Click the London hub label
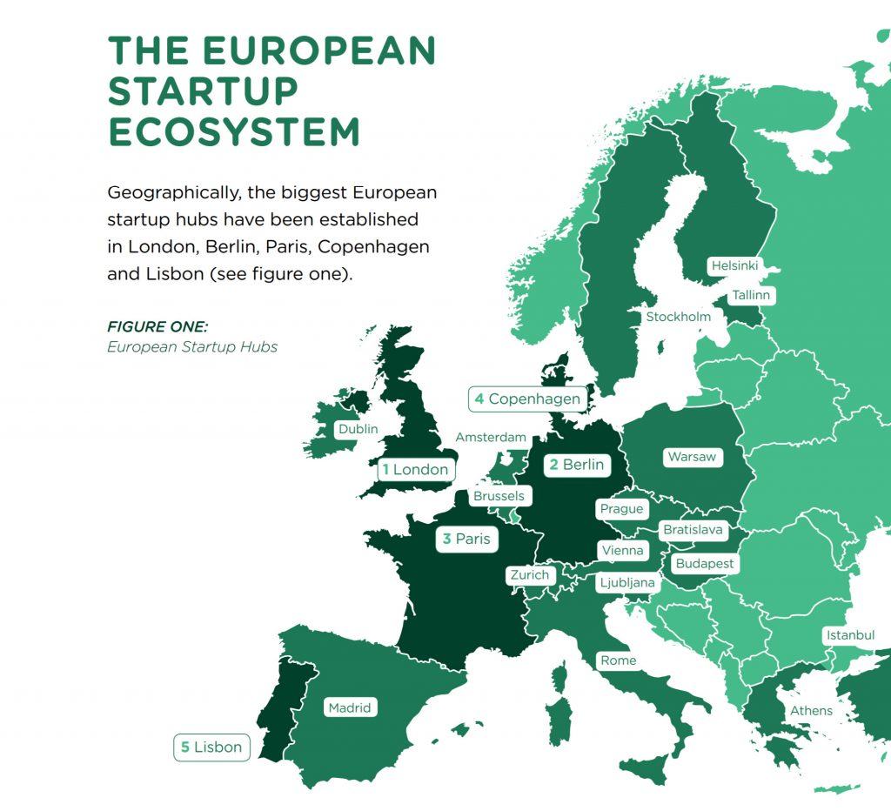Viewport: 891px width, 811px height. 415,470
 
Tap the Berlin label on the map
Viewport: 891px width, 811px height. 575,465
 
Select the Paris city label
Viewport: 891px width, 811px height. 466,540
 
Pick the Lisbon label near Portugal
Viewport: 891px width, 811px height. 211,747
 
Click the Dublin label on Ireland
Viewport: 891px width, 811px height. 358,429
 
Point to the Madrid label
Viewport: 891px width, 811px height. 349,708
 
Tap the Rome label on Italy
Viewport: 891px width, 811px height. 618,661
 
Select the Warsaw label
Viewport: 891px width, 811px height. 692,457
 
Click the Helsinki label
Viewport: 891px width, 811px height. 734,265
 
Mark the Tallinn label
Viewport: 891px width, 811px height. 751,296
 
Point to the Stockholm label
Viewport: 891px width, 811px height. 678,317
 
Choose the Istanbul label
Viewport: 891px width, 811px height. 850,635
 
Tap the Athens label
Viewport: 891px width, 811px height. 811,711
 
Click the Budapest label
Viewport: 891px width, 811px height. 705,564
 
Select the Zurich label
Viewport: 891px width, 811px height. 529,575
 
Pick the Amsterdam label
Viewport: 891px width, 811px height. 491,437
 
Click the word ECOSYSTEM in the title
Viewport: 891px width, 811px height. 233,131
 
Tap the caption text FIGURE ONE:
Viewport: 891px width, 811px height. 157,327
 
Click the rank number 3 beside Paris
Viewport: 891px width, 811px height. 446,540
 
